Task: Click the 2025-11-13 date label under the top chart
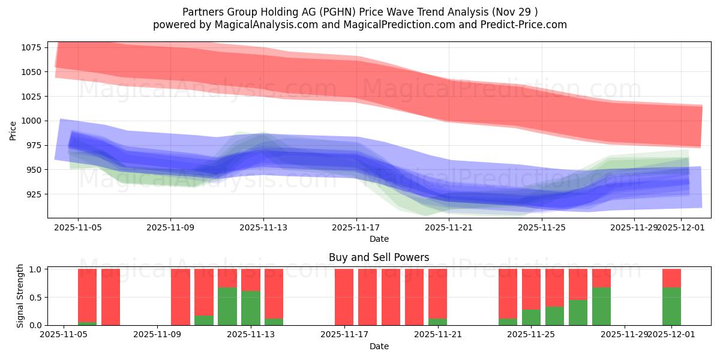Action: pyautogui.click(x=263, y=228)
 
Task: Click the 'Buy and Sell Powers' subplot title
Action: pyautogui.click(x=379, y=257)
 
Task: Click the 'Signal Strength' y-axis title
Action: pyautogui.click(x=20, y=296)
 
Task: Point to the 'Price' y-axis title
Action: pyautogui.click(x=13, y=130)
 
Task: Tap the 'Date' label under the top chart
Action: pyautogui.click(x=379, y=239)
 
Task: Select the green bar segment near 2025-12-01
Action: pyautogui.click(x=671, y=306)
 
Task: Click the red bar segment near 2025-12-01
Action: pyautogui.click(x=671, y=278)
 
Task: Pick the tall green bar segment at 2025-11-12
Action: pyautogui.click(x=227, y=306)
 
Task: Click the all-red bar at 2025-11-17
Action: pyautogui.click(x=344, y=297)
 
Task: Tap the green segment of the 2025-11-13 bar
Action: pyautogui.click(x=251, y=308)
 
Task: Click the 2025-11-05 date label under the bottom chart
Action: pyautogui.click(x=64, y=335)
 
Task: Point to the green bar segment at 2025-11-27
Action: pyautogui.click(x=601, y=306)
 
